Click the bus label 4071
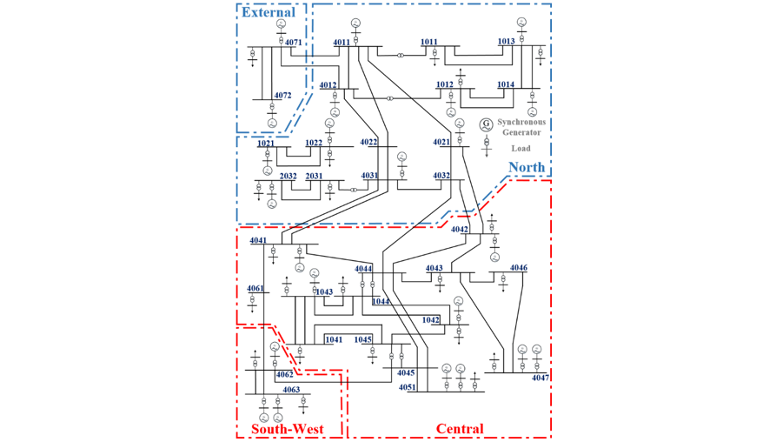click(293, 42)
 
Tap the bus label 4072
click(282, 95)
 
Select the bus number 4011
click(341, 42)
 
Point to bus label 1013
click(506, 41)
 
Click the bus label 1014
click(506, 84)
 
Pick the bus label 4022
click(368, 142)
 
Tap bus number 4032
click(441, 176)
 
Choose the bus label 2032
click(289, 177)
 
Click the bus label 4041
click(258, 239)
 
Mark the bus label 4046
click(518, 267)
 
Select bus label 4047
click(541, 378)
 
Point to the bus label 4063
click(291, 390)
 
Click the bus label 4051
click(408, 387)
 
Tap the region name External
click(269, 12)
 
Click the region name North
click(527, 167)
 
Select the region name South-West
click(287, 429)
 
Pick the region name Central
click(460, 429)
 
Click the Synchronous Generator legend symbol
click(487, 124)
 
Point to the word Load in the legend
click(521, 148)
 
